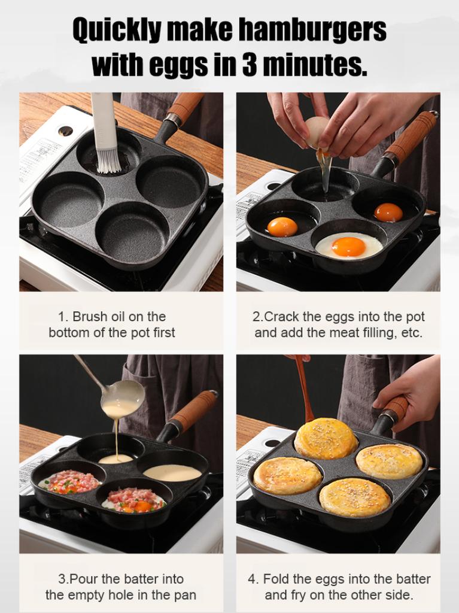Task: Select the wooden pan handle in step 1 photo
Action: (x=184, y=108)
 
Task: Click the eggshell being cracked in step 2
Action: (x=316, y=131)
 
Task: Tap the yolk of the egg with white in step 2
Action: (x=349, y=246)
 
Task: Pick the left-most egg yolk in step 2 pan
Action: (x=282, y=227)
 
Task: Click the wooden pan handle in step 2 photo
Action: (x=410, y=138)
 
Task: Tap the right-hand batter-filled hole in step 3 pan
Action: (x=172, y=472)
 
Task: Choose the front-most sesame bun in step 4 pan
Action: (x=354, y=497)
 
